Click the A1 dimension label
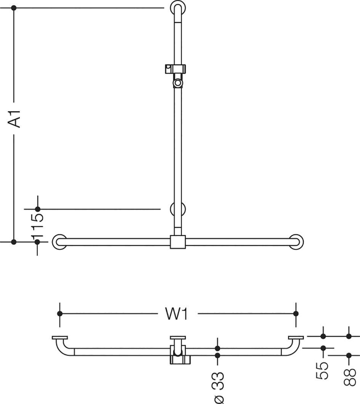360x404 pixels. pyautogui.click(x=14, y=119)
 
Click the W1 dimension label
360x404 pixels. pyautogui.click(x=177, y=314)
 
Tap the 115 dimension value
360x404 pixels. pyautogui.click(x=37, y=226)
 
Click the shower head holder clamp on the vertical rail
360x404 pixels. pyautogui.click(x=175, y=69)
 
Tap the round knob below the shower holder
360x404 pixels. pyautogui.click(x=178, y=83)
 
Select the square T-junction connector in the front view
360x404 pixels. pyautogui.click(x=178, y=242)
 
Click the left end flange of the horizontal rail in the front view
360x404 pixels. pyautogui.click(x=59, y=242)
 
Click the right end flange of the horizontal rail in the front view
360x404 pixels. pyautogui.click(x=296, y=242)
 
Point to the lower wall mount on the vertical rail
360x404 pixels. pyautogui.click(x=178, y=209)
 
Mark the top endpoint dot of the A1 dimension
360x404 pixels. pyautogui.click(x=14, y=8)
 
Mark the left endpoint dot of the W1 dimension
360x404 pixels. pyautogui.click(x=60, y=314)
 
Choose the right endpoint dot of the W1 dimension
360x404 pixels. pyautogui.click(x=296, y=314)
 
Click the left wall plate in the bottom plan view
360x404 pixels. pyautogui.click(x=60, y=338)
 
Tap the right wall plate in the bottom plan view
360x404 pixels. pyautogui.click(x=296, y=338)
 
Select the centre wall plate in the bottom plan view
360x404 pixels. pyautogui.click(x=178, y=338)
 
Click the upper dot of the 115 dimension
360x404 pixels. pyautogui.click(x=38, y=209)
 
